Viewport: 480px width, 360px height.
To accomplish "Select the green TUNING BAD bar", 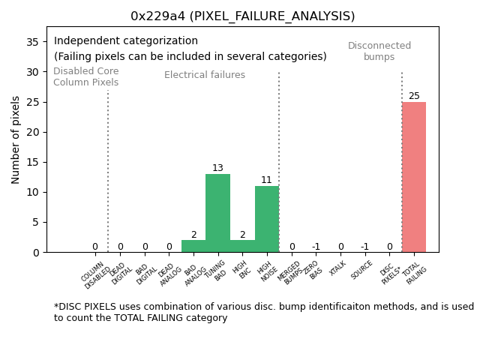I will pyautogui.click(x=217, y=213).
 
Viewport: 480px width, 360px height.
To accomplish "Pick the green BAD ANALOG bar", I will pyautogui.click(x=193, y=246).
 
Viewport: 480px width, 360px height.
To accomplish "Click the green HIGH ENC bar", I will pyautogui.click(x=242, y=246).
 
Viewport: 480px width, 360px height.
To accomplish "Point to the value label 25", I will pyautogui.click(x=414, y=96).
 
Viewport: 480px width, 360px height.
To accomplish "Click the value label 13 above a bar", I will pyautogui.click(x=217, y=168).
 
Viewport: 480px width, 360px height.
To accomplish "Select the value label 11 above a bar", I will pyautogui.click(x=266, y=180).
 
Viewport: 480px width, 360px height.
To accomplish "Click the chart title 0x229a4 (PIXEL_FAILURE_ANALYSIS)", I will pyautogui.click(x=242, y=16).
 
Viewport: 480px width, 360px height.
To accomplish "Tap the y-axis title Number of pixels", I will pyautogui.click(x=16, y=139).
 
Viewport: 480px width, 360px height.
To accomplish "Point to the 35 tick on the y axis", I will pyautogui.click(x=32, y=42).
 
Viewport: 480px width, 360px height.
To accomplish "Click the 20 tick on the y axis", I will pyautogui.click(x=32, y=132).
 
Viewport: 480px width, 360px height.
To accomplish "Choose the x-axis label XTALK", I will pyautogui.click(x=338, y=268).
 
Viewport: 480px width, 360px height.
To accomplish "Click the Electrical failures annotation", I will pyautogui.click(x=205, y=75).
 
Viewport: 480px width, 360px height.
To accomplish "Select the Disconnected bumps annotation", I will pyautogui.click(x=379, y=51).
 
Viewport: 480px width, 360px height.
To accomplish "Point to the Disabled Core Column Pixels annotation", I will pyautogui.click(x=85, y=76).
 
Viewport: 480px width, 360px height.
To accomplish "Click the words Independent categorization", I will pyautogui.click(x=126, y=41).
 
